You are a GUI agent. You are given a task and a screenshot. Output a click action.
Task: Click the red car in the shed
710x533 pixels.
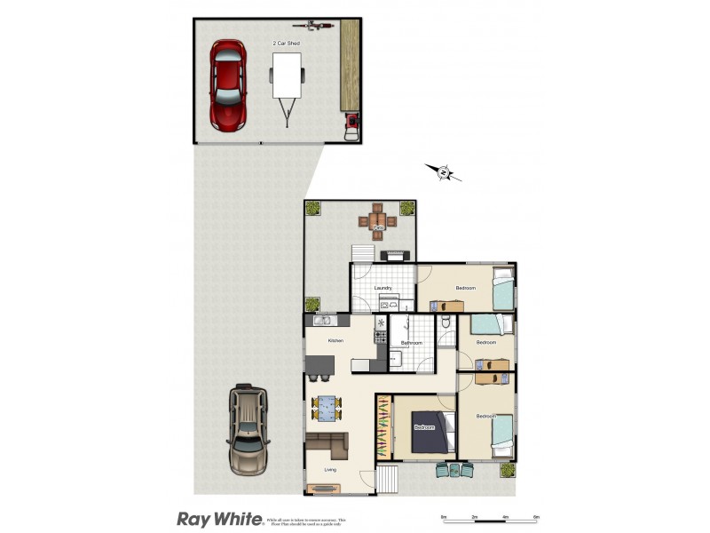(227, 84)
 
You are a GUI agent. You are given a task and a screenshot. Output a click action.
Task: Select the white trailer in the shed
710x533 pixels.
(287, 78)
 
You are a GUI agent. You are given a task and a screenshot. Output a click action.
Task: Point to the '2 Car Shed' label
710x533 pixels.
(285, 43)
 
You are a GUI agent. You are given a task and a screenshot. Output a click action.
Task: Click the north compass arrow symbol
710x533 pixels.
(443, 171)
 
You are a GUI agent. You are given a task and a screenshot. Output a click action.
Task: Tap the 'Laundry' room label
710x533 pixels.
(383, 288)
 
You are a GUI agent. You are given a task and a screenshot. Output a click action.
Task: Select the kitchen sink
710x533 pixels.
(319, 320)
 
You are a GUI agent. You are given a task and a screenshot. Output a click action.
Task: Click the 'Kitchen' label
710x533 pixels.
(335, 341)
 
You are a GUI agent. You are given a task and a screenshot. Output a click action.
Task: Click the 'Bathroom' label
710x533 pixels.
(411, 343)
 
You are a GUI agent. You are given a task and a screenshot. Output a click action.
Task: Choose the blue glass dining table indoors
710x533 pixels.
(327, 409)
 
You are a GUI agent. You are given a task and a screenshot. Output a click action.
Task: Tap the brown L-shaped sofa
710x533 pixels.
(328, 443)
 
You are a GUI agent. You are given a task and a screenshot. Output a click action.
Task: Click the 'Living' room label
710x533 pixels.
(330, 470)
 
